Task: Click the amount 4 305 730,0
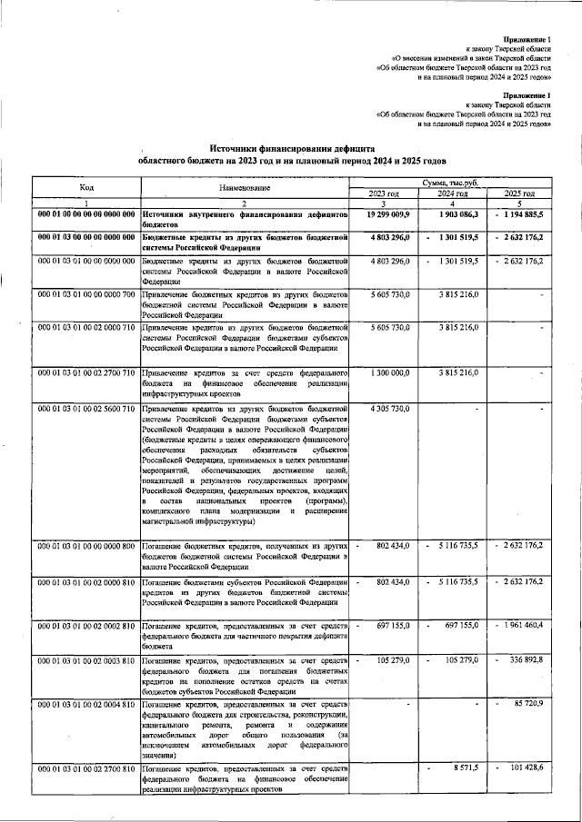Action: (x=392, y=410)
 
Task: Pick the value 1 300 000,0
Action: (x=392, y=373)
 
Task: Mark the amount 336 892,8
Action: (x=526, y=659)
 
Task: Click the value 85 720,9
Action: (x=527, y=703)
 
